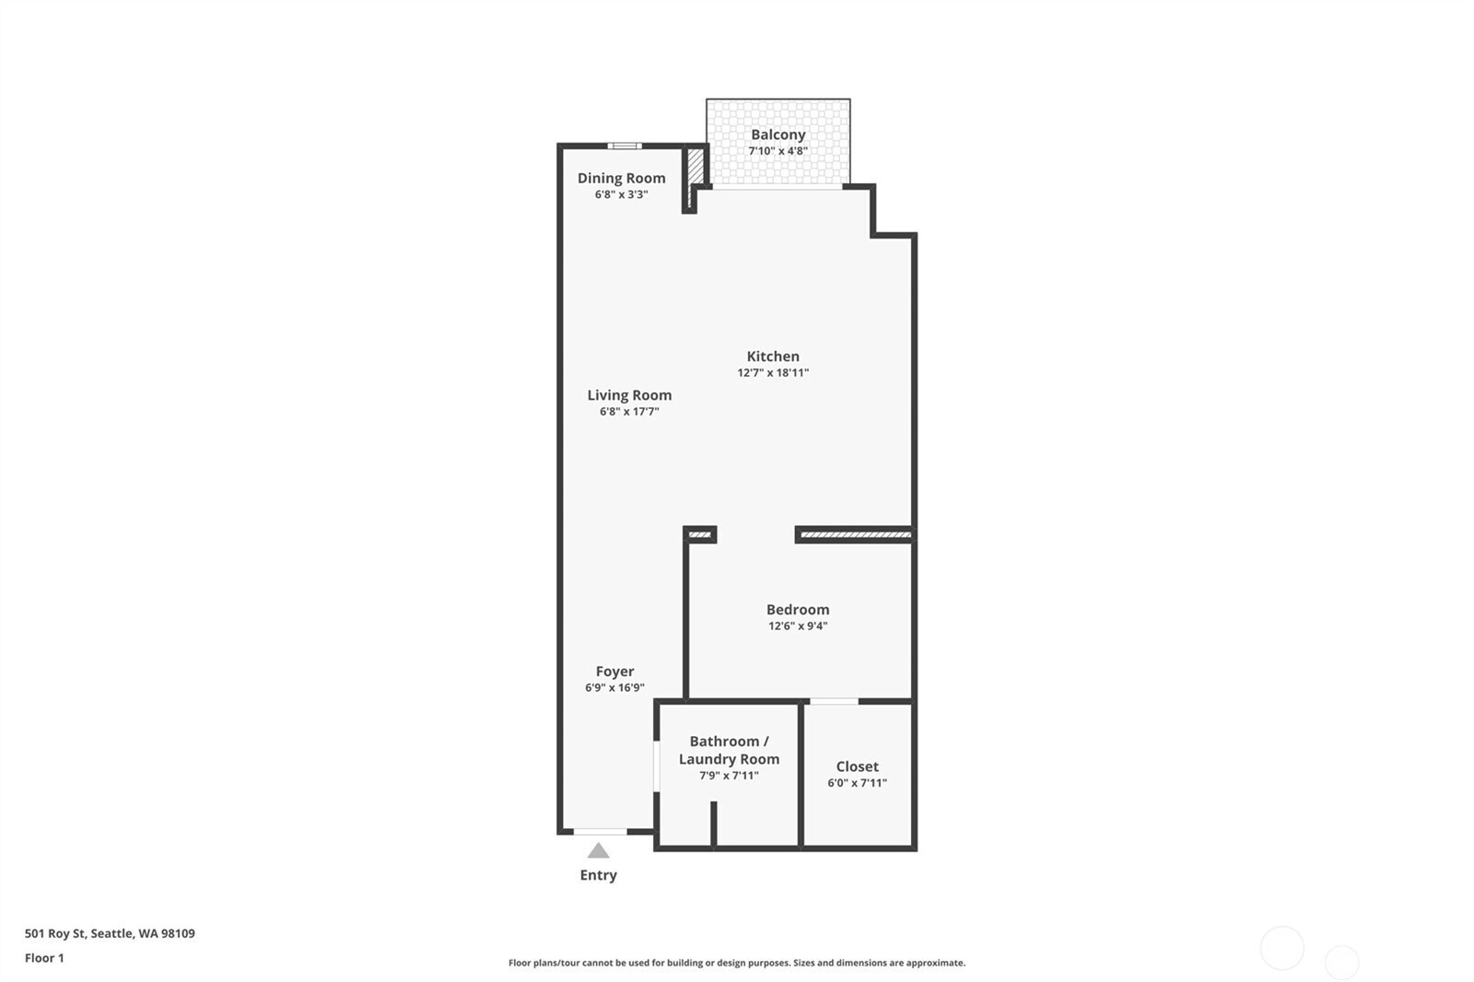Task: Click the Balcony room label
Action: click(778, 134)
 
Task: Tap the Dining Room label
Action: click(621, 178)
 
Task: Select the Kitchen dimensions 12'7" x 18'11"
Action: click(773, 373)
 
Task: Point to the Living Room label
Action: click(629, 395)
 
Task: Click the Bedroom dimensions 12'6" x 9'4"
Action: click(798, 626)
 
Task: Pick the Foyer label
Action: click(614, 672)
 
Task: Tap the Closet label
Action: click(857, 766)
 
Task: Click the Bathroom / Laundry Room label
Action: click(729, 750)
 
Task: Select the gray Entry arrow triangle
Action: click(599, 850)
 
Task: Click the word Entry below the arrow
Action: click(598, 875)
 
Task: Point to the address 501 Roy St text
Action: click(110, 933)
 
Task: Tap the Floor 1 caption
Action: click(44, 958)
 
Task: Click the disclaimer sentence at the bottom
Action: click(737, 963)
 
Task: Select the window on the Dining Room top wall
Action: click(625, 146)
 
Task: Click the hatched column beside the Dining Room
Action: click(696, 165)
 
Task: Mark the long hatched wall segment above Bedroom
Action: click(856, 534)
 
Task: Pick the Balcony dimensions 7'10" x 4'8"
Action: click(778, 151)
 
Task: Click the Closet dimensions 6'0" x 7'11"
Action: click(857, 783)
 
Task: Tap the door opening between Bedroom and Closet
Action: click(834, 702)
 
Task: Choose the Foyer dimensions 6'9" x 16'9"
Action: click(614, 688)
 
